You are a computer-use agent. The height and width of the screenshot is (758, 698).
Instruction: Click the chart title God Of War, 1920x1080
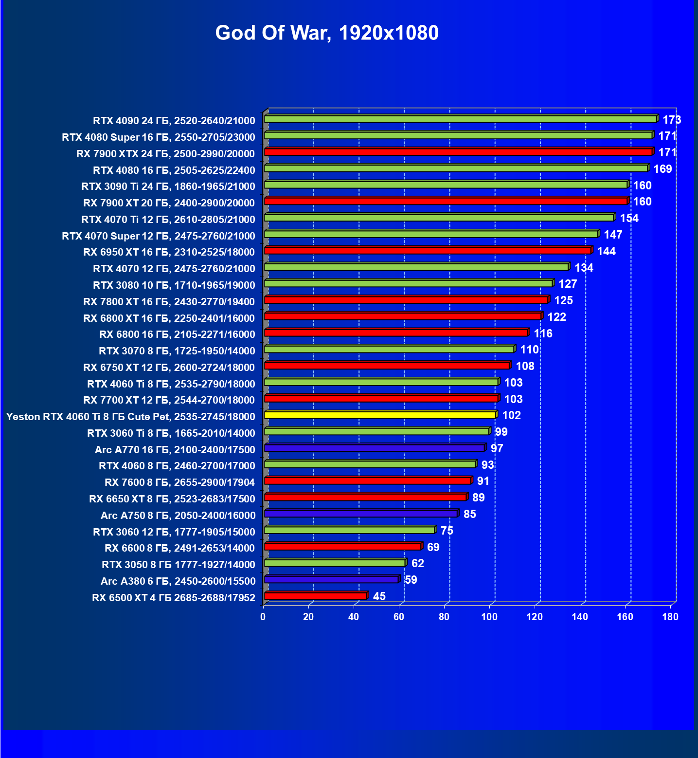point(327,33)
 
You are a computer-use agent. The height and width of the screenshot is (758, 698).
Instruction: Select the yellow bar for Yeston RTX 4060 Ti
point(380,415)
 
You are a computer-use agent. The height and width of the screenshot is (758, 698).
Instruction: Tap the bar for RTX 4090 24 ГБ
point(460,119)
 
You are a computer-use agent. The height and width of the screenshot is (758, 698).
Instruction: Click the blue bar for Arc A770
point(375,448)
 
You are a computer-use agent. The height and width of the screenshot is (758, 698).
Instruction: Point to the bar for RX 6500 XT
point(315,596)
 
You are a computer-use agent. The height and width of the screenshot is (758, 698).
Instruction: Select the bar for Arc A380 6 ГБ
point(331,579)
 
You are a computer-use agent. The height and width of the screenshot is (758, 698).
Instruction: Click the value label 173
point(672,120)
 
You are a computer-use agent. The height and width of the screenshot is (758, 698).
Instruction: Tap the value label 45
point(379,596)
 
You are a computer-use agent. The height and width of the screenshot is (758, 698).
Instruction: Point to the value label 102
point(511,415)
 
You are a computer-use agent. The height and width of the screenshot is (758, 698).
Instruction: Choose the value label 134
point(584,268)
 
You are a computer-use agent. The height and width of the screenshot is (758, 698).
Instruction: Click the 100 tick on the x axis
point(489,617)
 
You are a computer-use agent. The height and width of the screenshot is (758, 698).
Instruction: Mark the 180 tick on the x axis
point(670,617)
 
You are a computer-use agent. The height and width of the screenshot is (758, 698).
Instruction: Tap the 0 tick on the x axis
point(263,617)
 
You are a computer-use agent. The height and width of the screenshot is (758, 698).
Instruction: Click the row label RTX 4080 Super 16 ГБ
point(159,137)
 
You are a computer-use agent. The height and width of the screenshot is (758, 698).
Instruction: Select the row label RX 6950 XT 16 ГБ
point(169,252)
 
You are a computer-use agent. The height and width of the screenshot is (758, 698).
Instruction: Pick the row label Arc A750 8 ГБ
point(178,516)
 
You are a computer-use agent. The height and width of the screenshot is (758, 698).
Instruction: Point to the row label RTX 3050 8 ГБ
point(179,565)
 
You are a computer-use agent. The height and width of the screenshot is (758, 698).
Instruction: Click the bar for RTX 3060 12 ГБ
point(349,530)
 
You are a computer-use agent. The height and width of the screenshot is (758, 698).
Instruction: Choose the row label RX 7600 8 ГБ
point(180,482)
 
